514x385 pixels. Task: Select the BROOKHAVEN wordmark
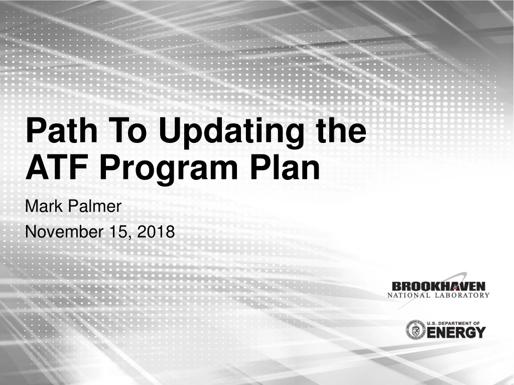tap(439, 286)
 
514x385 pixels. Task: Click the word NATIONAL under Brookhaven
tap(409, 295)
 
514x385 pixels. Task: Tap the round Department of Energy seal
tap(415, 329)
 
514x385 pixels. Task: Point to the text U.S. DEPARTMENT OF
tap(456, 323)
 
